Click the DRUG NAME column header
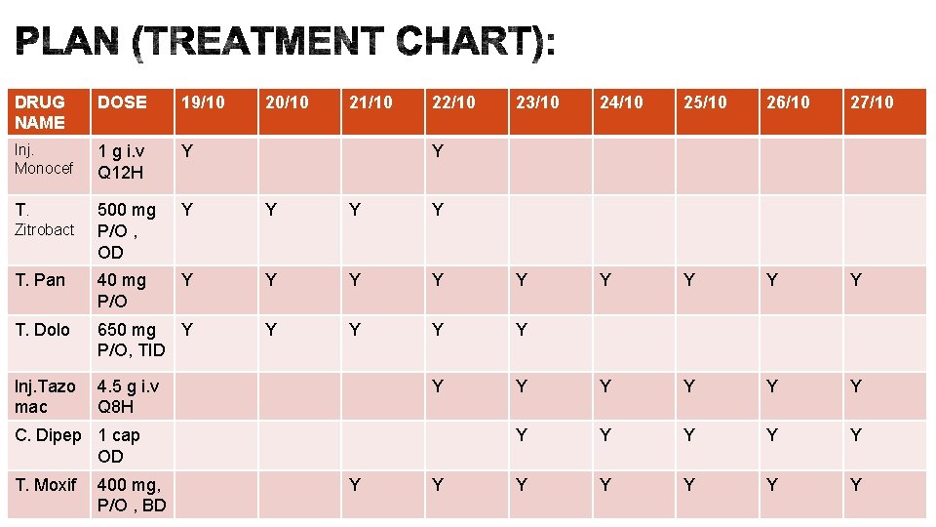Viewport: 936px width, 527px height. [x=39, y=112]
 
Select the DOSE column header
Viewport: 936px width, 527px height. [x=122, y=102]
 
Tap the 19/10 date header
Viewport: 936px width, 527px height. [x=203, y=102]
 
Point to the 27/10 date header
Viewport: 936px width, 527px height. [x=872, y=102]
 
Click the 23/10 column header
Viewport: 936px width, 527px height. [x=537, y=102]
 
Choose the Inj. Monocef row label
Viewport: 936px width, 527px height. [x=44, y=159]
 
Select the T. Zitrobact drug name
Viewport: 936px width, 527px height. [x=44, y=220]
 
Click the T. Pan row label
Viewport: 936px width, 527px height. [x=40, y=280]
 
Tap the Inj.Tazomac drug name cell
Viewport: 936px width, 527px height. [x=45, y=396]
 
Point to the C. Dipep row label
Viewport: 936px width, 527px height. [x=48, y=435]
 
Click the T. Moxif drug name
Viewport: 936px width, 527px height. [x=46, y=485]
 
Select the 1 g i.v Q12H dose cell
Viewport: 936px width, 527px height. [x=121, y=162]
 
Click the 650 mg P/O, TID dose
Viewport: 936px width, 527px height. [x=132, y=340]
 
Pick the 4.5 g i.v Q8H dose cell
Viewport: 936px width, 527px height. [x=129, y=396]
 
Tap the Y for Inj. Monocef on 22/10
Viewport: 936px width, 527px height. [x=438, y=151]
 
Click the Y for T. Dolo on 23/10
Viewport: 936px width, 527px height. [x=521, y=329]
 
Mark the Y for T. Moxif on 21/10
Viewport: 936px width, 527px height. [x=355, y=485]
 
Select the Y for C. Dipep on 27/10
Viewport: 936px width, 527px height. [x=856, y=435]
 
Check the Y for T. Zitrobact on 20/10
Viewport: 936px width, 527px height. [x=271, y=210]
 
